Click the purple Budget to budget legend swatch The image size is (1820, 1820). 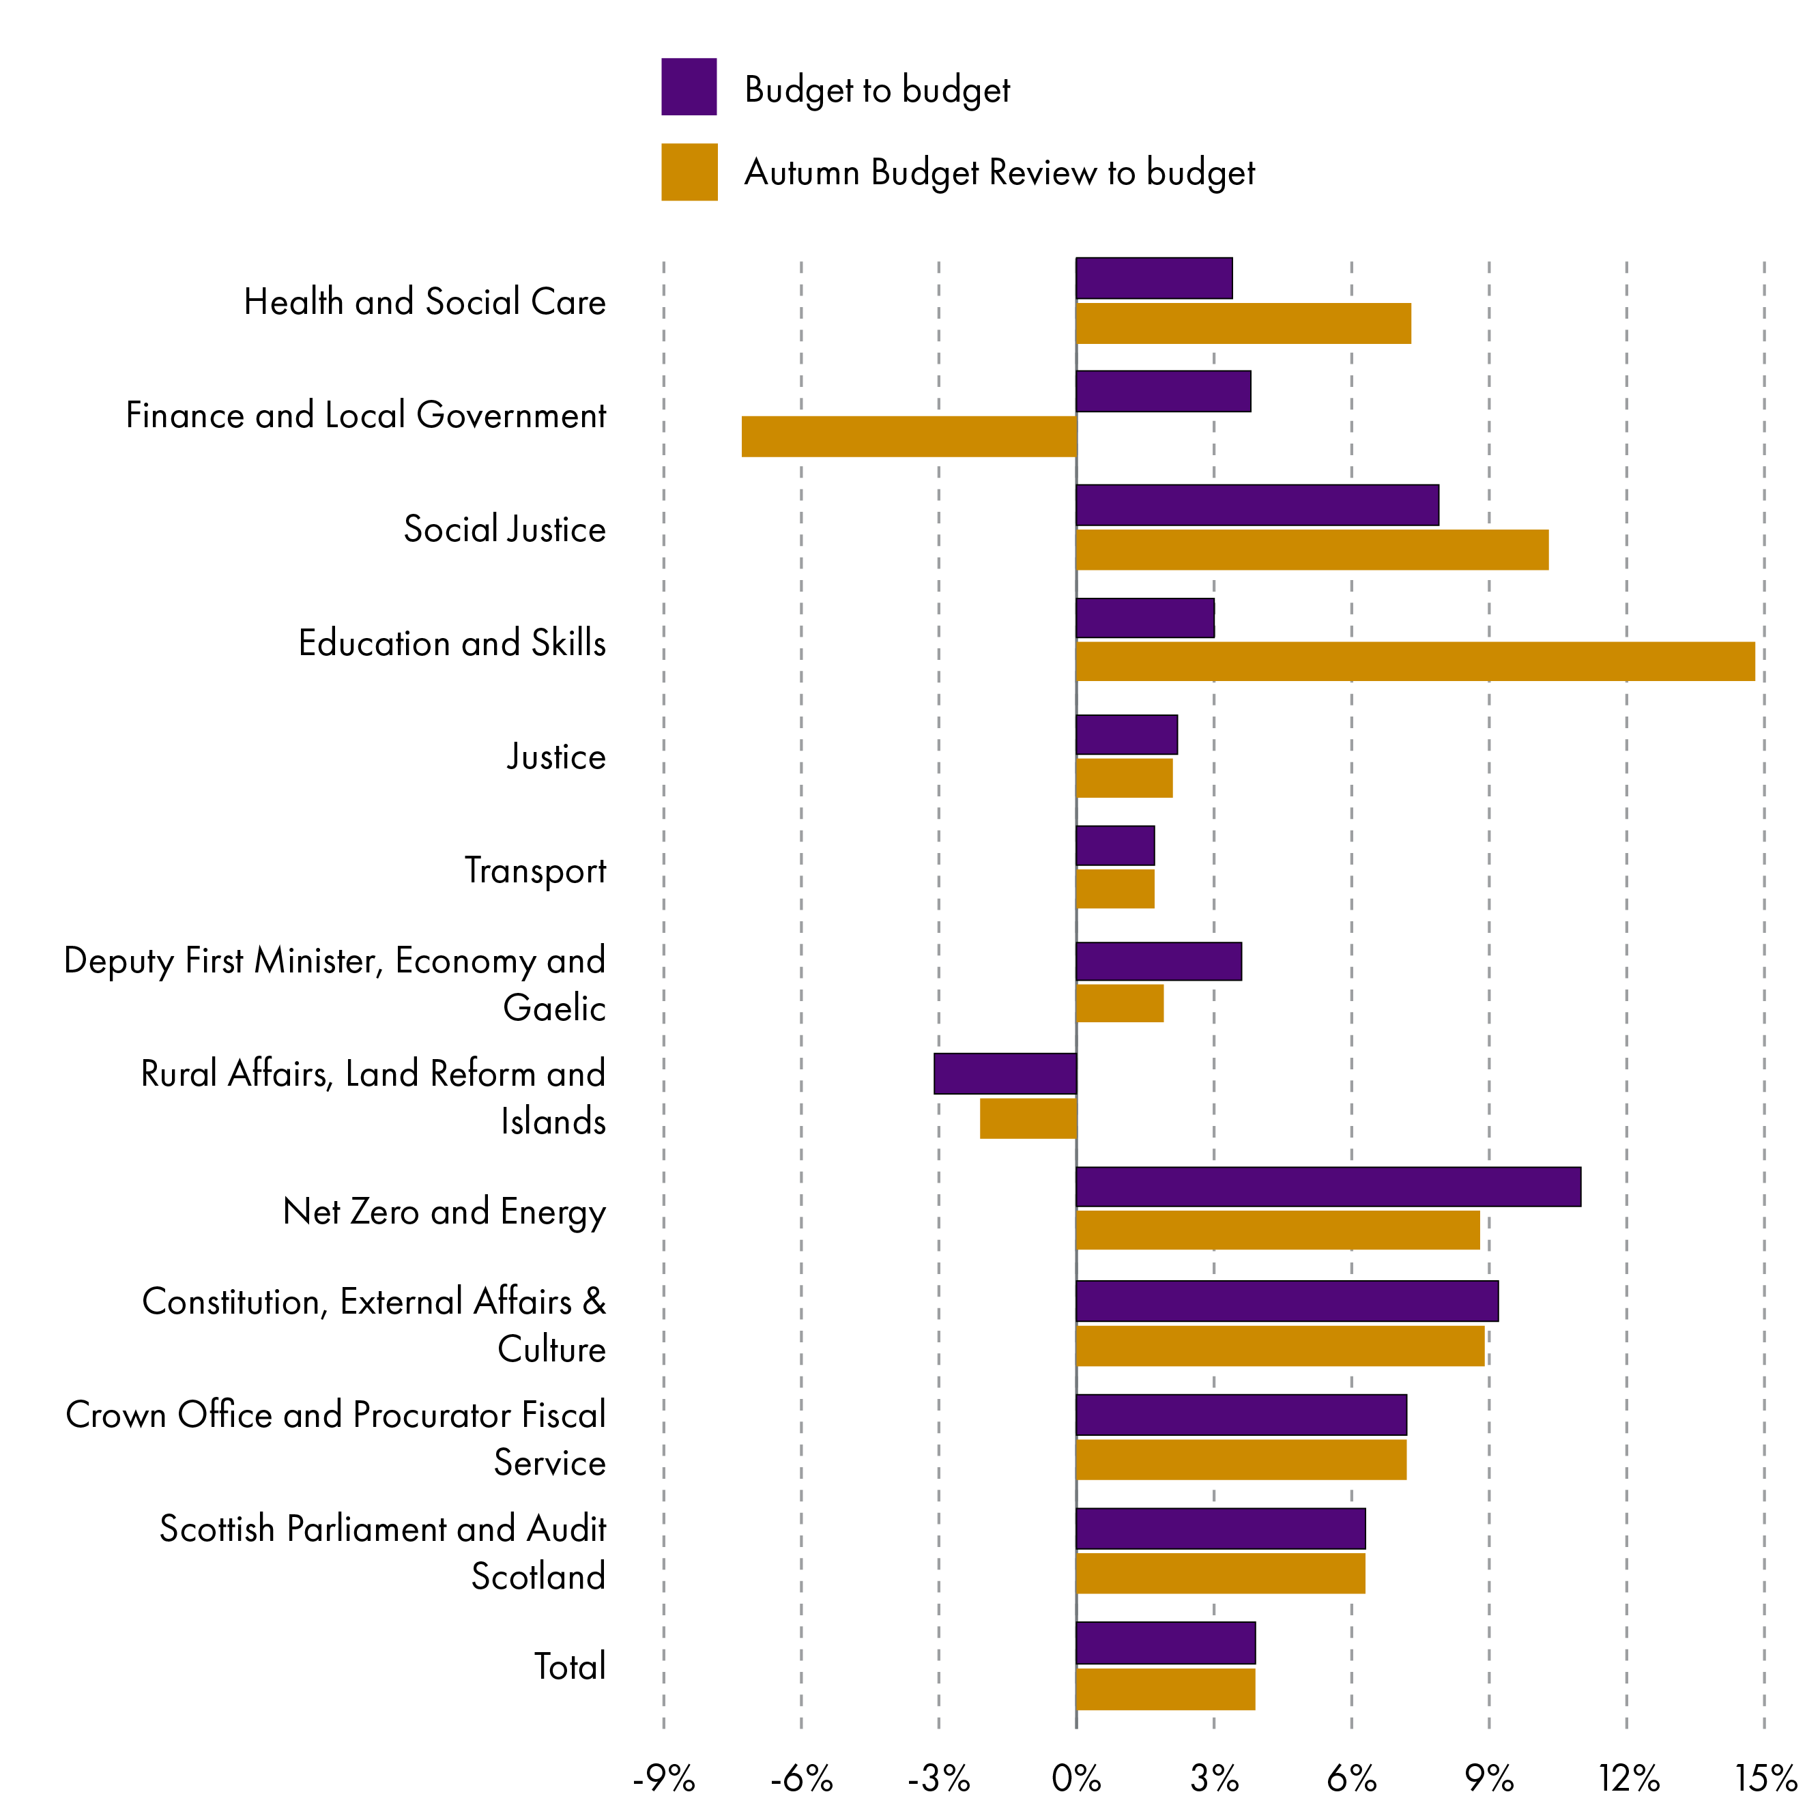point(689,87)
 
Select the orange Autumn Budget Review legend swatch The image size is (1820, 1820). point(689,171)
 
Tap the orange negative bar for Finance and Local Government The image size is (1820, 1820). point(908,436)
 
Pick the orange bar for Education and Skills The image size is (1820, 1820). point(1415,661)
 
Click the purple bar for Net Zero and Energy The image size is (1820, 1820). point(1328,1186)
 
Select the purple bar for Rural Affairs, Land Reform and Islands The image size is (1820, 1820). point(1005,1073)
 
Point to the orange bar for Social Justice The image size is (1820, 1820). point(1312,549)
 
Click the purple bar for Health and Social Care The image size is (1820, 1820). point(1154,278)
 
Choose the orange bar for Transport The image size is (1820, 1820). point(1115,889)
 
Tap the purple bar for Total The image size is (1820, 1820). point(1166,1643)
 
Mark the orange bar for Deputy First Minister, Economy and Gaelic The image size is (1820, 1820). point(1119,1003)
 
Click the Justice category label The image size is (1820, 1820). point(555,756)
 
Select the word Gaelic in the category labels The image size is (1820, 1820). point(554,1008)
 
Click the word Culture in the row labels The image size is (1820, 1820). point(551,1349)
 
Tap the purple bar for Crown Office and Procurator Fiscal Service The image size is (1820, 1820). point(1241,1414)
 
